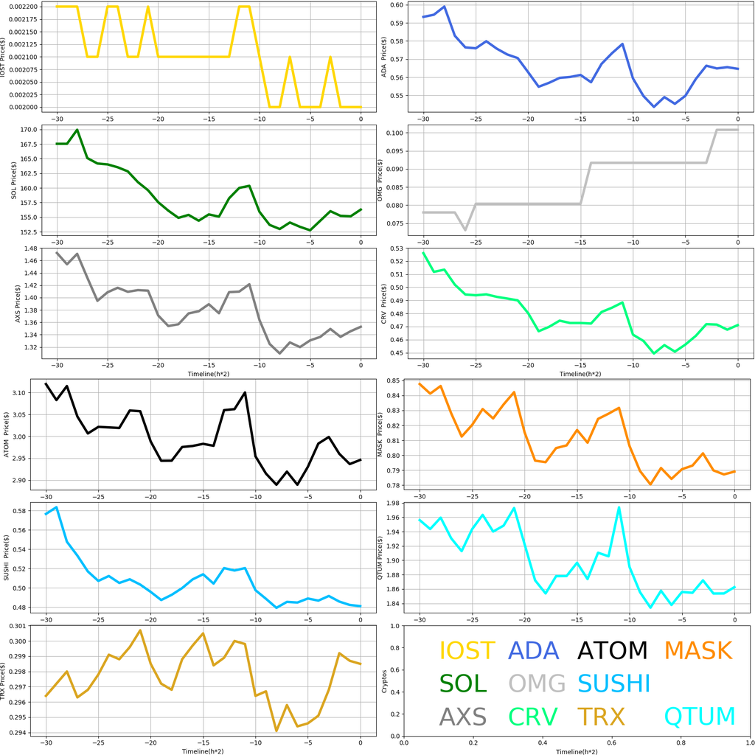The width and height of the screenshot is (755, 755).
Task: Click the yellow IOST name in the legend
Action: pyautogui.click(x=467, y=650)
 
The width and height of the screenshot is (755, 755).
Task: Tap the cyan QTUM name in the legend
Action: pyautogui.click(x=700, y=716)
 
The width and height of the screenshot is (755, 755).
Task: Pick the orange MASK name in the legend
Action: pyautogui.click(x=697, y=650)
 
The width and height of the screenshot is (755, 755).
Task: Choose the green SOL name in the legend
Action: pyautogui.click(x=463, y=683)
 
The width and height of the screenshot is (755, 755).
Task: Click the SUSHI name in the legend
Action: pyautogui.click(x=613, y=683)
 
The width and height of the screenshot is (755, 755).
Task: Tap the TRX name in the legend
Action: pyautogui.click(x=600, y=716)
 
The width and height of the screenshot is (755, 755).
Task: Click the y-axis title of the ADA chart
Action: pyautogui.click(x=384, y=57)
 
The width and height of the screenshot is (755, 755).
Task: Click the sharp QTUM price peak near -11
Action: pyautogui.click(x=619, y=507)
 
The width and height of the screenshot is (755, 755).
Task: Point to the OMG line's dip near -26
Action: pyautogui.click(x=465, y=229)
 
